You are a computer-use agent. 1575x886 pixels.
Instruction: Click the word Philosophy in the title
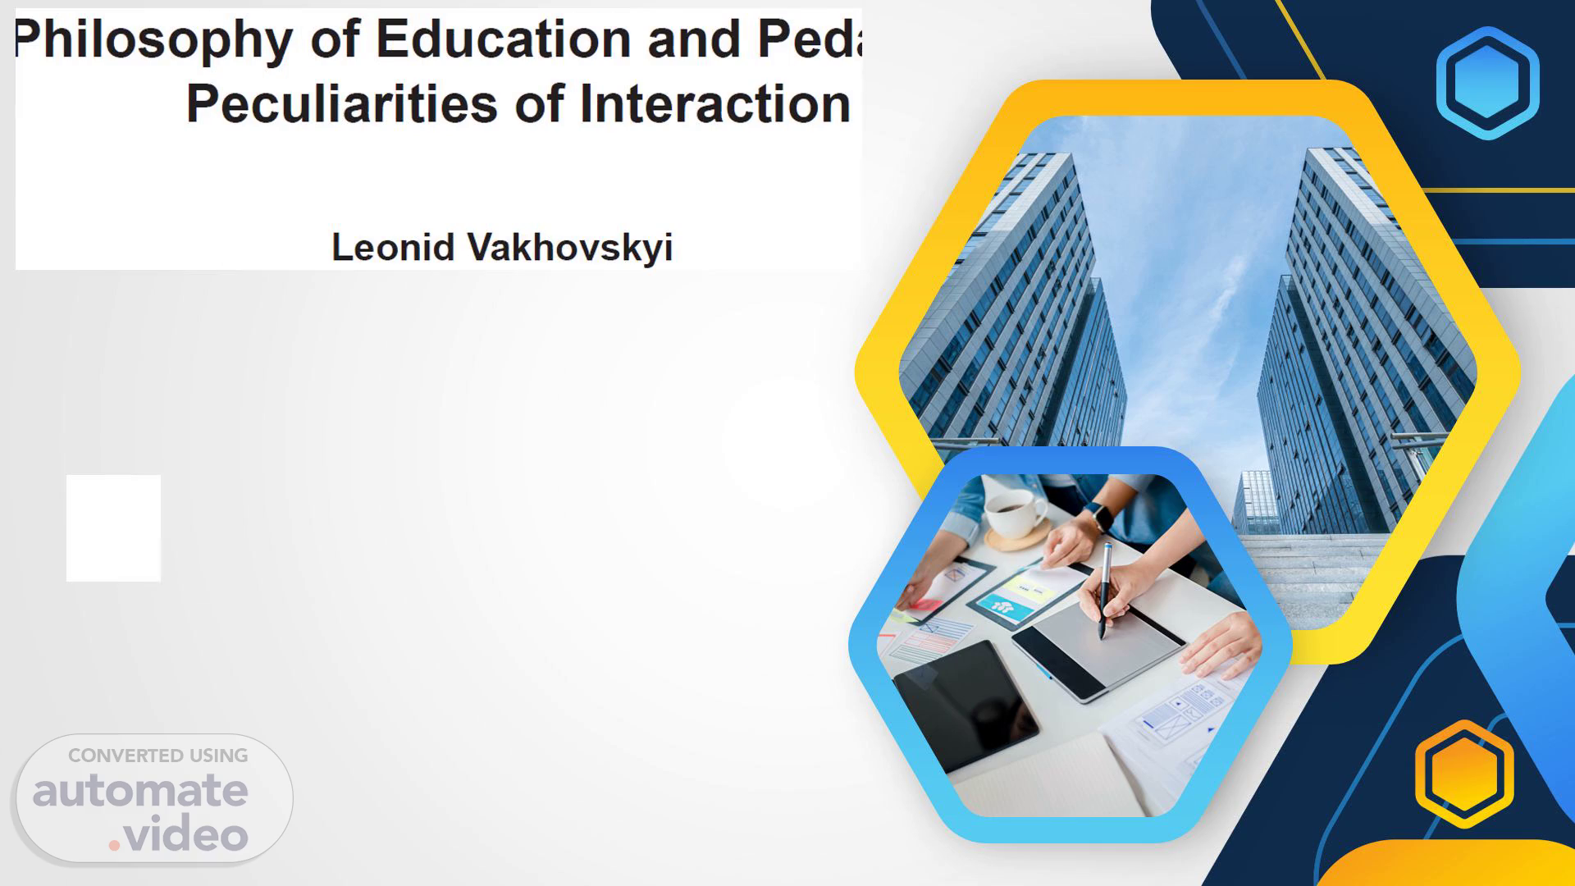pos(153,40)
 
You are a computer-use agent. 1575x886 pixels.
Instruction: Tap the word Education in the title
pos(503,39)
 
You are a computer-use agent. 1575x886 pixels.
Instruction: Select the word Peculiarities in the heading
pos(342,103)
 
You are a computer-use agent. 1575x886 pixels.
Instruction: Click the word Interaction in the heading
pos(714,103)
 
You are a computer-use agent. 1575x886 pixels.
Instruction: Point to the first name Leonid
pos(392,247)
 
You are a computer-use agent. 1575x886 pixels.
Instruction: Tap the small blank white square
pos(113,527)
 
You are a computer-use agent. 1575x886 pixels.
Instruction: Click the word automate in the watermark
pos(140,791)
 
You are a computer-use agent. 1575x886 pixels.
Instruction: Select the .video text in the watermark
pos(179,834)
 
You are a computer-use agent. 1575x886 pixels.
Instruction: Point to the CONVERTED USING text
pos(157,756)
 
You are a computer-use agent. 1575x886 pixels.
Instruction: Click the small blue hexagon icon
pos(1487,83)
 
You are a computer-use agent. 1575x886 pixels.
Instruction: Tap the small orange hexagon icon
pos(1464,774)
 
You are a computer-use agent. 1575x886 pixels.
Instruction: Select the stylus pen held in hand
pos(1105,589)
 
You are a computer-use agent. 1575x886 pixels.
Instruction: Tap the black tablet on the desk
pos(965,706)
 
